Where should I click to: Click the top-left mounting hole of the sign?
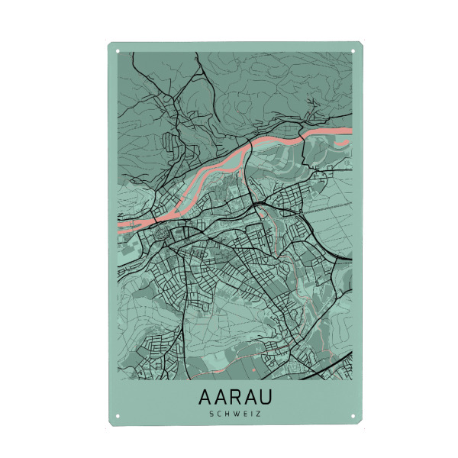[x=118, y=52]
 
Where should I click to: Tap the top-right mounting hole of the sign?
[x=356, y=52]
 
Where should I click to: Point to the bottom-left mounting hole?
[x=118, y=416]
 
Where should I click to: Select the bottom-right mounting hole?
[x=356, y=416]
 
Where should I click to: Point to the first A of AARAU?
[x=205, y=398]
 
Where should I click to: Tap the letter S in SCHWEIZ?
[x=210, y=414]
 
